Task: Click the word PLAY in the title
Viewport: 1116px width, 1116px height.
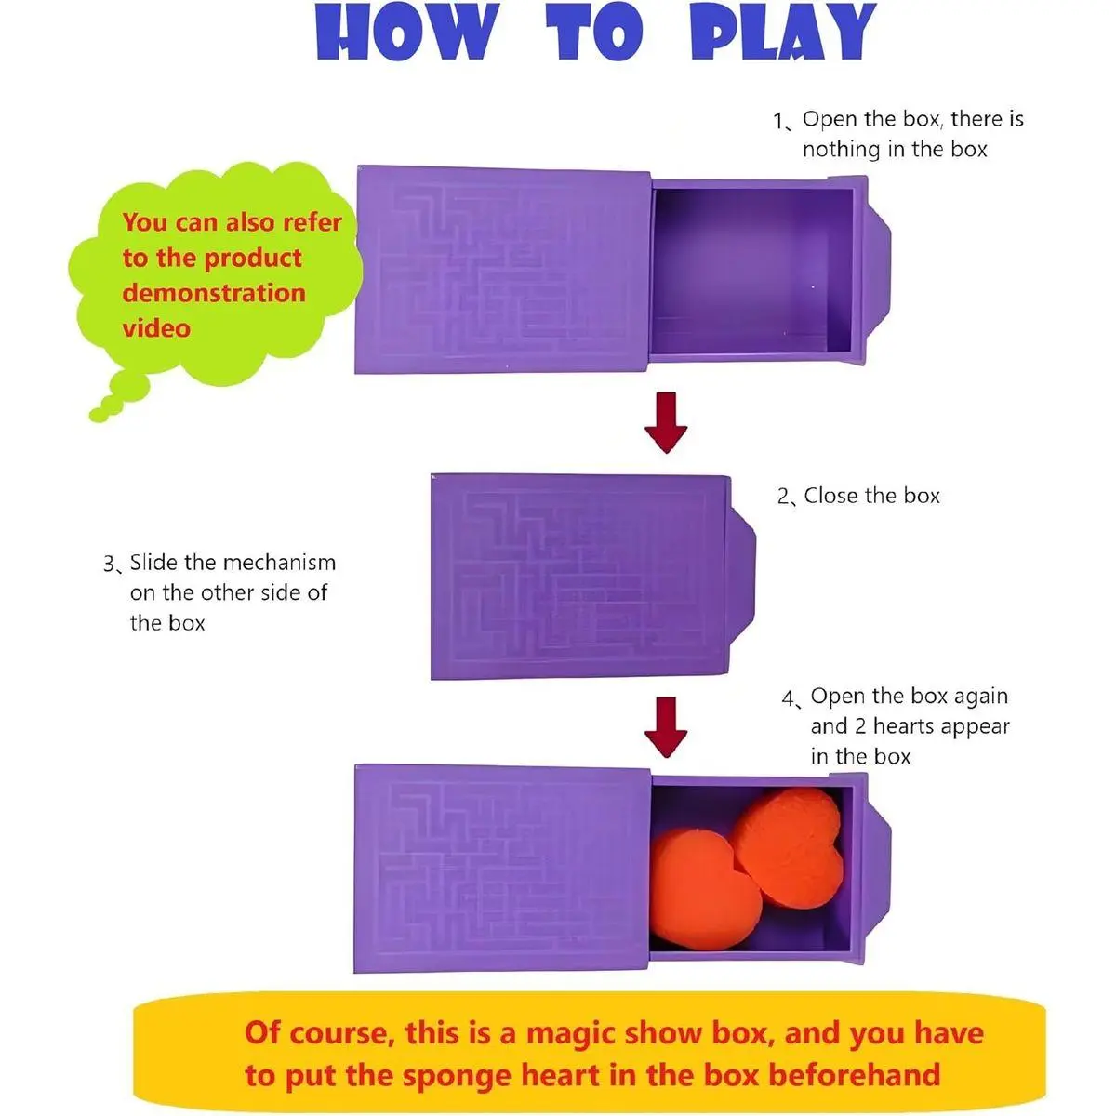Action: click(x=783, y=32)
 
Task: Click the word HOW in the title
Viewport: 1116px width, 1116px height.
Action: click(x=407, y=32)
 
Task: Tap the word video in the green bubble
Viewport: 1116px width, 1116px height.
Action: click(x=156, y=328)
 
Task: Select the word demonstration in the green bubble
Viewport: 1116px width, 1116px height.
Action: click(x=214, y=293)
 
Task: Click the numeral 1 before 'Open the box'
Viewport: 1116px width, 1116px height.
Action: click(x=778, y=121)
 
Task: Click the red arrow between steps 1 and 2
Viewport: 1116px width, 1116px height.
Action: click(x=666, y=422)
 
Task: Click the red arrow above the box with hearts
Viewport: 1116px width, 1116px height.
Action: click(x=666, y=727)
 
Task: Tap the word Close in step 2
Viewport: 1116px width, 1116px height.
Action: click(x=830, y=496)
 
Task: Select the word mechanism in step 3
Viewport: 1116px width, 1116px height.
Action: click(x=279, y=563)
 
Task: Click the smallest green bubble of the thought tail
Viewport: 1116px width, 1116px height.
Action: click(x=99, y=415)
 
